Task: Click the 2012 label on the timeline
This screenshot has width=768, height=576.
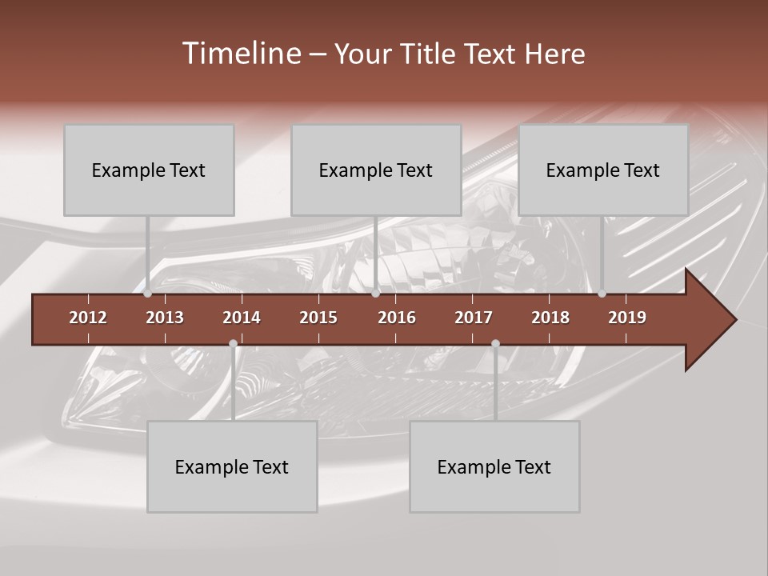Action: [88, 318]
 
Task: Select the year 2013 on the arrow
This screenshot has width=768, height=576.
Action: [165, 318]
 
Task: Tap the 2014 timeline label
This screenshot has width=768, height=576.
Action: [242, 318]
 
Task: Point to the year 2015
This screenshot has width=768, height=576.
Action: [318, 318]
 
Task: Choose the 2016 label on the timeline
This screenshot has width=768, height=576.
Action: [397, 318]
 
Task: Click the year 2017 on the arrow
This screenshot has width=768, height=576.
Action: [474, 318]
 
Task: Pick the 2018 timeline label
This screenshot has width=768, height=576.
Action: [550, 318]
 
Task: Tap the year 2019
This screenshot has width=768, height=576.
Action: [627, 318]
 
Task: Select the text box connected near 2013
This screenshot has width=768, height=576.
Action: [149, 170]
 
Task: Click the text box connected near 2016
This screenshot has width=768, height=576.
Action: [376, 170]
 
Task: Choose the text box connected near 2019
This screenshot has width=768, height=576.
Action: [603, 170]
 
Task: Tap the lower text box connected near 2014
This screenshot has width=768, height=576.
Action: [232, 466]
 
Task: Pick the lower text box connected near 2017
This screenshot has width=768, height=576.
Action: [494, 466]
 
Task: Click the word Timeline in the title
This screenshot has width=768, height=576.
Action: [241, 54]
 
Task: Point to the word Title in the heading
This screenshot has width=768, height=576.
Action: [430, 54]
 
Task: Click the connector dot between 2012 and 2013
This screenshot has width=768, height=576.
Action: [148, 294]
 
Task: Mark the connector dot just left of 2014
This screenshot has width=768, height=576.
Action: [233, 344]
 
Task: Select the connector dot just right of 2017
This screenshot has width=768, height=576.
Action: [495, 344]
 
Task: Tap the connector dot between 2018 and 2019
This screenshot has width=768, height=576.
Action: [602, 294]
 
